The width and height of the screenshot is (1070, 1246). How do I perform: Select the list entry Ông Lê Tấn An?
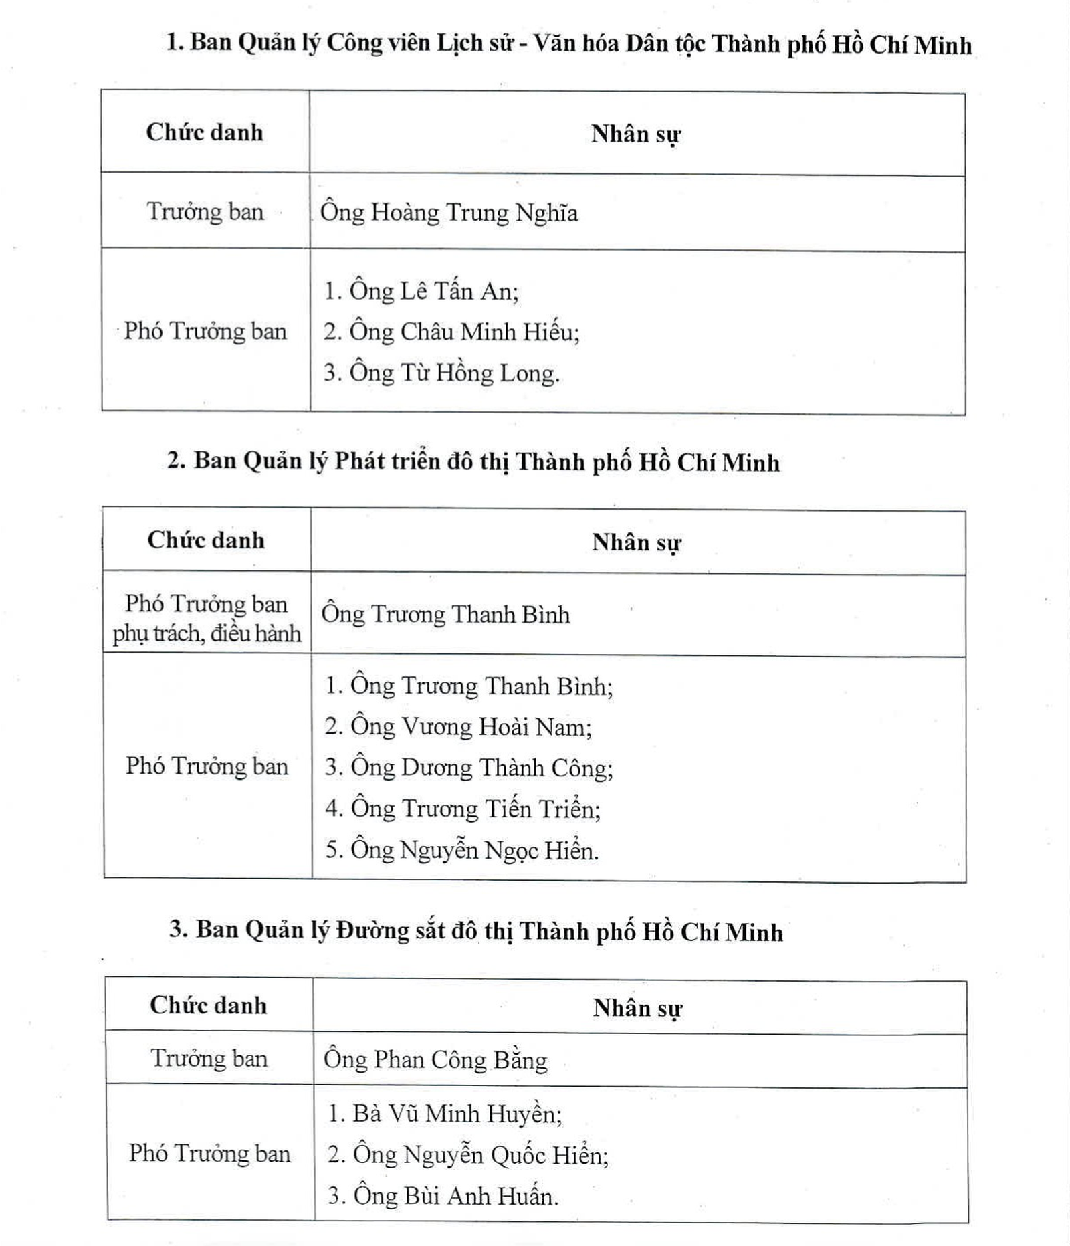[x=421, y=292]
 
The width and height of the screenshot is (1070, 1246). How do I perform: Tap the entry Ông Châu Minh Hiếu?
[x=451, y=332]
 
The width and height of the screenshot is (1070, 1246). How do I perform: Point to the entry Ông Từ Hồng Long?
[x=441, y=373]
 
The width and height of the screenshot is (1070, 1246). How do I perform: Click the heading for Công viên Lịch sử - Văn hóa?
[x=568, y=44]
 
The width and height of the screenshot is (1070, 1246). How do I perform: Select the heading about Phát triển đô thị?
[x=473, y=461]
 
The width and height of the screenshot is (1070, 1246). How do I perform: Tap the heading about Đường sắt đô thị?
[x=475, y=931]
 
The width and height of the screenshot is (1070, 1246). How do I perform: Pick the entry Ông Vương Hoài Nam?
[x=458, y=727]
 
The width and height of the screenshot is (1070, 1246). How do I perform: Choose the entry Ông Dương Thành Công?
[x=469, y=768]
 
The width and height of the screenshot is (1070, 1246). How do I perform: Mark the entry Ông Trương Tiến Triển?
[x=463, y=809]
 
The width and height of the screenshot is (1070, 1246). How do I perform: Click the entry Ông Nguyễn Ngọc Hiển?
[x=461, y=850]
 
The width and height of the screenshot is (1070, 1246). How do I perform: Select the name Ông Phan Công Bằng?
[x=435, y=1059]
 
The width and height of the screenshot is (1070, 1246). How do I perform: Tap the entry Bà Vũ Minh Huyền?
[x=445, y=1114]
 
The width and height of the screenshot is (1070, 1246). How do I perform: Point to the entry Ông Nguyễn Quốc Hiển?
[x=467, y=1155]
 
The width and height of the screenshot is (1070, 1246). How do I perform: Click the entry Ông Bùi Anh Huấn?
[x=443, y=1196]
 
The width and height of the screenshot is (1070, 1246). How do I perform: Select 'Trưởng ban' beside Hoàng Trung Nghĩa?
[x=205, y=212]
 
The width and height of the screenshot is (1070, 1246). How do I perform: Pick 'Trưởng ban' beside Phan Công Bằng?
[x=209, y=1059]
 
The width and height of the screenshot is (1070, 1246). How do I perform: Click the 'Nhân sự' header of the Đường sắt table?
[x=637, y=1008]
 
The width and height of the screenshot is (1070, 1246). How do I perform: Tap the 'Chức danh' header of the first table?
[x=205, y=132]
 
